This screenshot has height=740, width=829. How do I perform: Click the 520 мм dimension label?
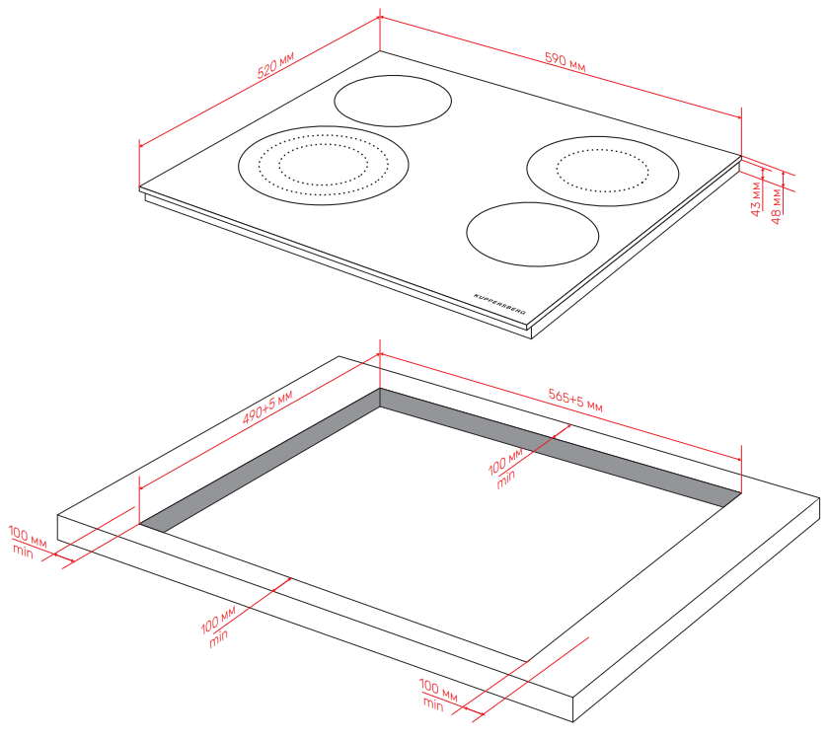(275, 65)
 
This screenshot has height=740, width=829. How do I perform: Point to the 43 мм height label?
(756, 199)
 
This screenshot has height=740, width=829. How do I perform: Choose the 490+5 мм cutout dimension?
(267, 407)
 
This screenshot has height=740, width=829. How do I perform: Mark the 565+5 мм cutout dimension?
(575, 401)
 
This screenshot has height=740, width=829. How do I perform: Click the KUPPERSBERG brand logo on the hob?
(500, 304)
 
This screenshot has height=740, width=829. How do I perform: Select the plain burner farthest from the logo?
(393, 101)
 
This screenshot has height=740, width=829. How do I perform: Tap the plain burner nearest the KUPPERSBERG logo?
(532, 234)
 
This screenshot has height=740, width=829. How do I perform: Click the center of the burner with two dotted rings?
(323, 166)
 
